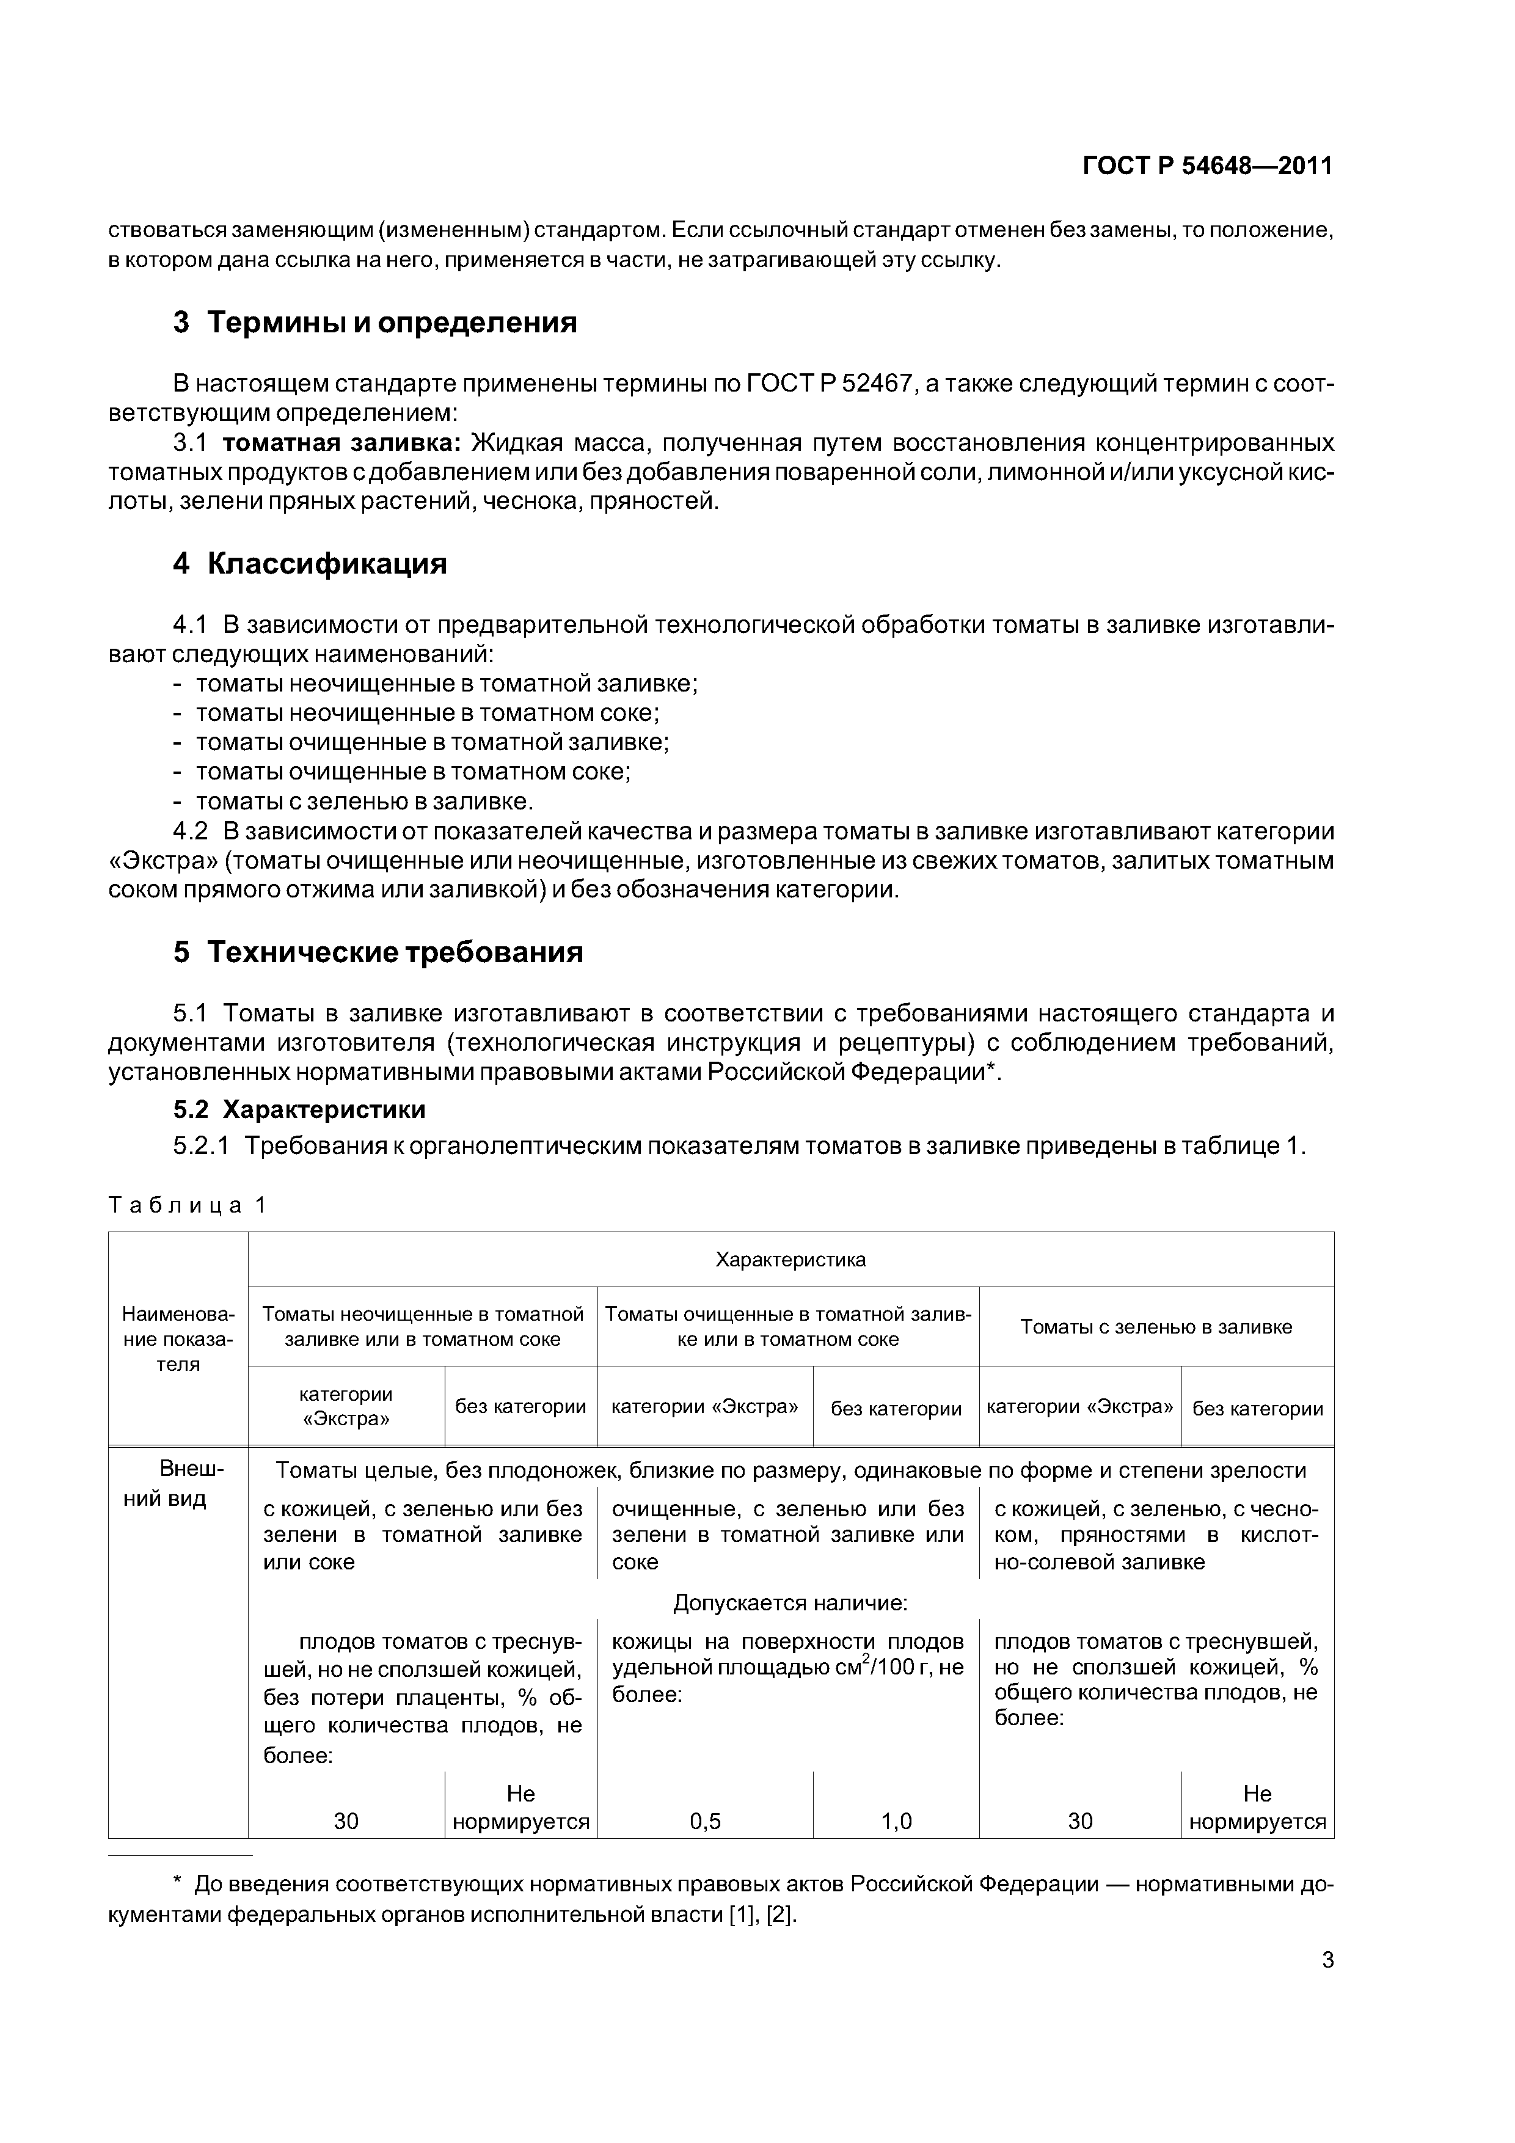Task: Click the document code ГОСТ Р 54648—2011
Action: click(x=1207, y=166)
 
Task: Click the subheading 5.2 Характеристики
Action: click(x=299, y=1110)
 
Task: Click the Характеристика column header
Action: click(x=790, y=1260)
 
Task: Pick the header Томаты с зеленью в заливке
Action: click(x=1156, y=1327)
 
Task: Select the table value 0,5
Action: click(x=705, y=1821)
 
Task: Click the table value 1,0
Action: click(x=896, y=1821)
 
